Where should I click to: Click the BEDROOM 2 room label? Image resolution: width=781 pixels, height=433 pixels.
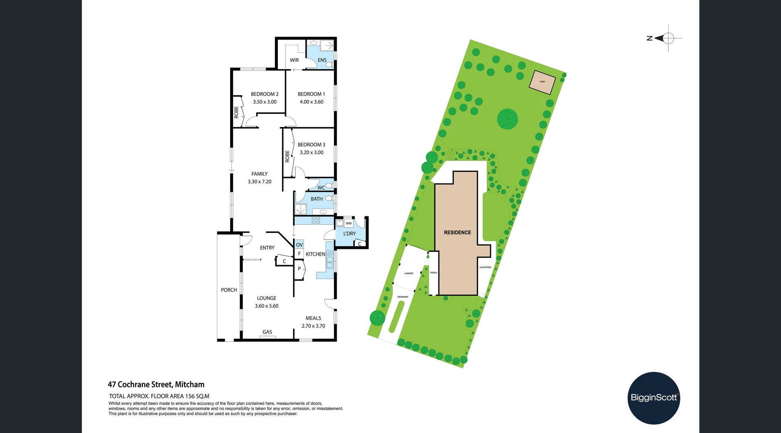pyautogui.click(x=264, y=94)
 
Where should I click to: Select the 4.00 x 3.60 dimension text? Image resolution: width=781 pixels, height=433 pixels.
pyautogui.click(x=311, y=102)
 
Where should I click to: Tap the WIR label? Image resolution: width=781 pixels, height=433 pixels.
pyautogui.click(x=294, y=60)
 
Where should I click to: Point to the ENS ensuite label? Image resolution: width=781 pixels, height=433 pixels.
pyautogui.click(x=322, y=60)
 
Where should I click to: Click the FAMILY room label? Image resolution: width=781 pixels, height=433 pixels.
pyautogui.click(x=259, y=174)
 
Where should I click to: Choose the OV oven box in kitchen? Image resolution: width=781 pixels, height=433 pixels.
pyautogui.click(x=299, y=245)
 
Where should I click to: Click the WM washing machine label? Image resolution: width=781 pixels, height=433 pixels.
pyautogui.click(x=349, y=223)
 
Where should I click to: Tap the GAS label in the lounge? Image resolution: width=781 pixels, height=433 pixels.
pyautogui.click(x=267, y=332)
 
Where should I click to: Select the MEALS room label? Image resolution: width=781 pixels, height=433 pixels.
pyautogui.click(x=313, y=318)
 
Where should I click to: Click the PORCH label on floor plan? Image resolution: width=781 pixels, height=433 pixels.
pyautogui.click(x=229, y=290)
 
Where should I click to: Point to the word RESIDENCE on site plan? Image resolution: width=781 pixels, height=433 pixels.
pyautogui.click(x=457, y=233)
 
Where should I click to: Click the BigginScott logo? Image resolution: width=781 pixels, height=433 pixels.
pyautogui.click(x=654, y=398)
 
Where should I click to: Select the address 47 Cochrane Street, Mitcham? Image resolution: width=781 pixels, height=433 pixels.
pyautogui.click(x=156, y=385)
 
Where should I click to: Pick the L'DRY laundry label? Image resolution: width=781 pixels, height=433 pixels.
pyautogui.click(x=349, y=234)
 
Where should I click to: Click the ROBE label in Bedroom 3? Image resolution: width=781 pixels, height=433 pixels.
pyautogui.click(x=287, y=156)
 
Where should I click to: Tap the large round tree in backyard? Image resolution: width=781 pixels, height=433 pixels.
pyautogui.click(x=507, y=119)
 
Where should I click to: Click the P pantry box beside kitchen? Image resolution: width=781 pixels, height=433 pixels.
pyautogui.click(x=299, y=269)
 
